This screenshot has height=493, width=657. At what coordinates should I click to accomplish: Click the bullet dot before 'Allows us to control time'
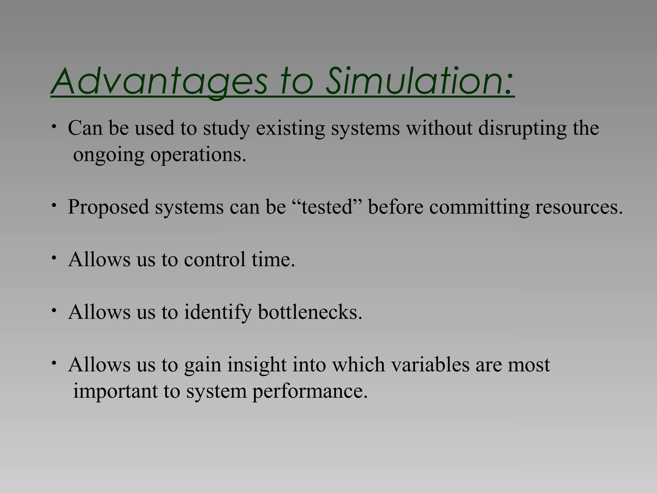pyautogui.click(x=55, y=258)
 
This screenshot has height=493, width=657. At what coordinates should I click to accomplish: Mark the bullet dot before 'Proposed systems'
pyautogui.click(x=55, y=205)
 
